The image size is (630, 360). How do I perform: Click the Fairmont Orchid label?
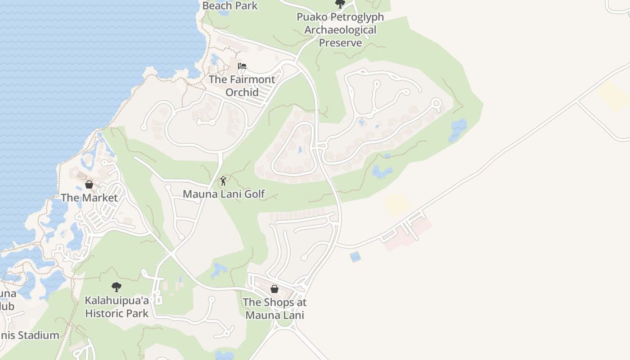click(x=242, y=86)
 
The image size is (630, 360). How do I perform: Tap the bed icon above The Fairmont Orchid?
click(x=242, y=67)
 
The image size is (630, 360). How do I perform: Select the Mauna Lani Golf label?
click(x=224, y=194)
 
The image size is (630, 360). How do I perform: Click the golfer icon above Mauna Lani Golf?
click(x=223, y=181)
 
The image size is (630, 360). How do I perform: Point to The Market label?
click(x=89, y=198)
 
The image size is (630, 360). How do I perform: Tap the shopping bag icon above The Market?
click(x=89, y=184)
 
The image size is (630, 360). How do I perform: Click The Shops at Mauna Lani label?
click(x=274, y=309)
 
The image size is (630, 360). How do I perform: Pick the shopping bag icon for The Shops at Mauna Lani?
click(x=274, y=289)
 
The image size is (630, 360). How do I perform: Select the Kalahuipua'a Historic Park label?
click(x=117, y=306)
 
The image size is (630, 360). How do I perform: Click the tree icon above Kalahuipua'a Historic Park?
click(x=117, y=287)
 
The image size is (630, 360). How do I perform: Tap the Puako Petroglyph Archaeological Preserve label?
click(x=340, y=30)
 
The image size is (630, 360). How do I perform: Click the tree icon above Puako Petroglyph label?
click(x=340, y=4)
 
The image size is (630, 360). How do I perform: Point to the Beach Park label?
click(x=230, y=6)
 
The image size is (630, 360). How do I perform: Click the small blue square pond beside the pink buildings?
click(x=355, y=257)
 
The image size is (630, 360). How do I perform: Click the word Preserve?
click(x=340, y=43)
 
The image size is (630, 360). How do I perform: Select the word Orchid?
click(x=242, y=92)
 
